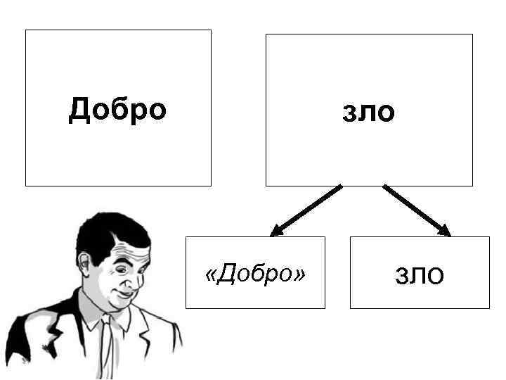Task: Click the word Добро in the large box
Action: click(x=118, y=110)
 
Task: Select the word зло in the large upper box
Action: click(x=368, y=112)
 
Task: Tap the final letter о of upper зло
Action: click(x=386, y=113)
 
